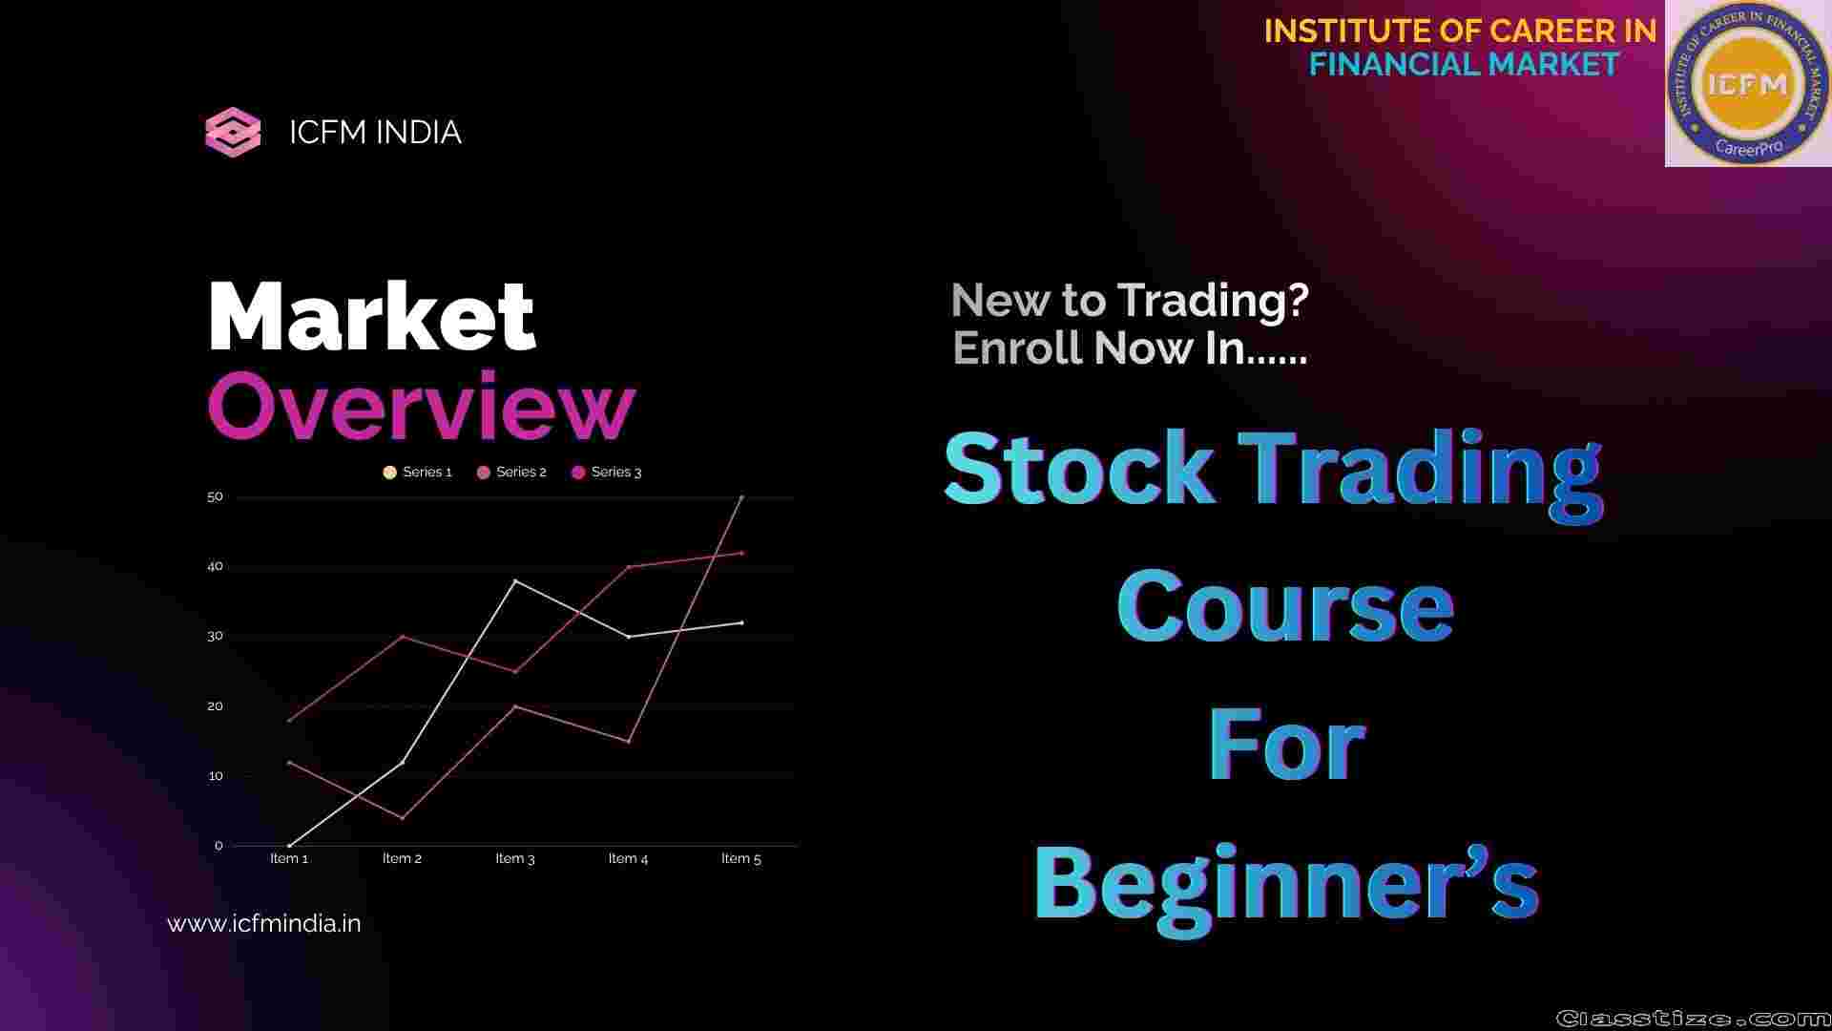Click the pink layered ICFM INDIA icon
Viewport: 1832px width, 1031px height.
click(x=233, y=133)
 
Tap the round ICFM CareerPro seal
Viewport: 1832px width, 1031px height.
click(x=1747, y=84)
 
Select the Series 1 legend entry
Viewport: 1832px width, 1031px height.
click(x=417, y=473)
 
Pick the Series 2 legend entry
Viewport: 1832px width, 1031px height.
click(x=511, y=473)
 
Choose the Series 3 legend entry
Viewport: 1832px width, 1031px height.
click(x=606, y=473)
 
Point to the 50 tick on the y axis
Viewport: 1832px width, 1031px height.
click(x=215, y=496)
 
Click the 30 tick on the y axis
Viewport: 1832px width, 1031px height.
click(x=215, y=636)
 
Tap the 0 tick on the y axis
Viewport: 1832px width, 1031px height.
click(x=219, y=846)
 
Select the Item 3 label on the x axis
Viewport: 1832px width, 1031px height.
click(x=515, y=858)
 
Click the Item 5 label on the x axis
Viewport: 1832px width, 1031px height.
click(x=741, y=858)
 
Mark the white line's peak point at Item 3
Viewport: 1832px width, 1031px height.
click(x=515, y=580)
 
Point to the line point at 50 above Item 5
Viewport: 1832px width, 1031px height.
click(x=741, y=497)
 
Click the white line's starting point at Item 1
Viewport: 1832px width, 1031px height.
click(x=289, y=846)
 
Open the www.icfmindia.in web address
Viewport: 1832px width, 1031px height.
click(x=264, y=924)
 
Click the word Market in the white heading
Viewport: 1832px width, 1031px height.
click(x=371, y=317)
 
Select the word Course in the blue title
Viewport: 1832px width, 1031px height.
click(x=1285, y=605)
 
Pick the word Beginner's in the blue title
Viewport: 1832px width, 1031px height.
click(x=1286, y=882)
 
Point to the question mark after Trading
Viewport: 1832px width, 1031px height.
click(x=1297, y=301)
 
